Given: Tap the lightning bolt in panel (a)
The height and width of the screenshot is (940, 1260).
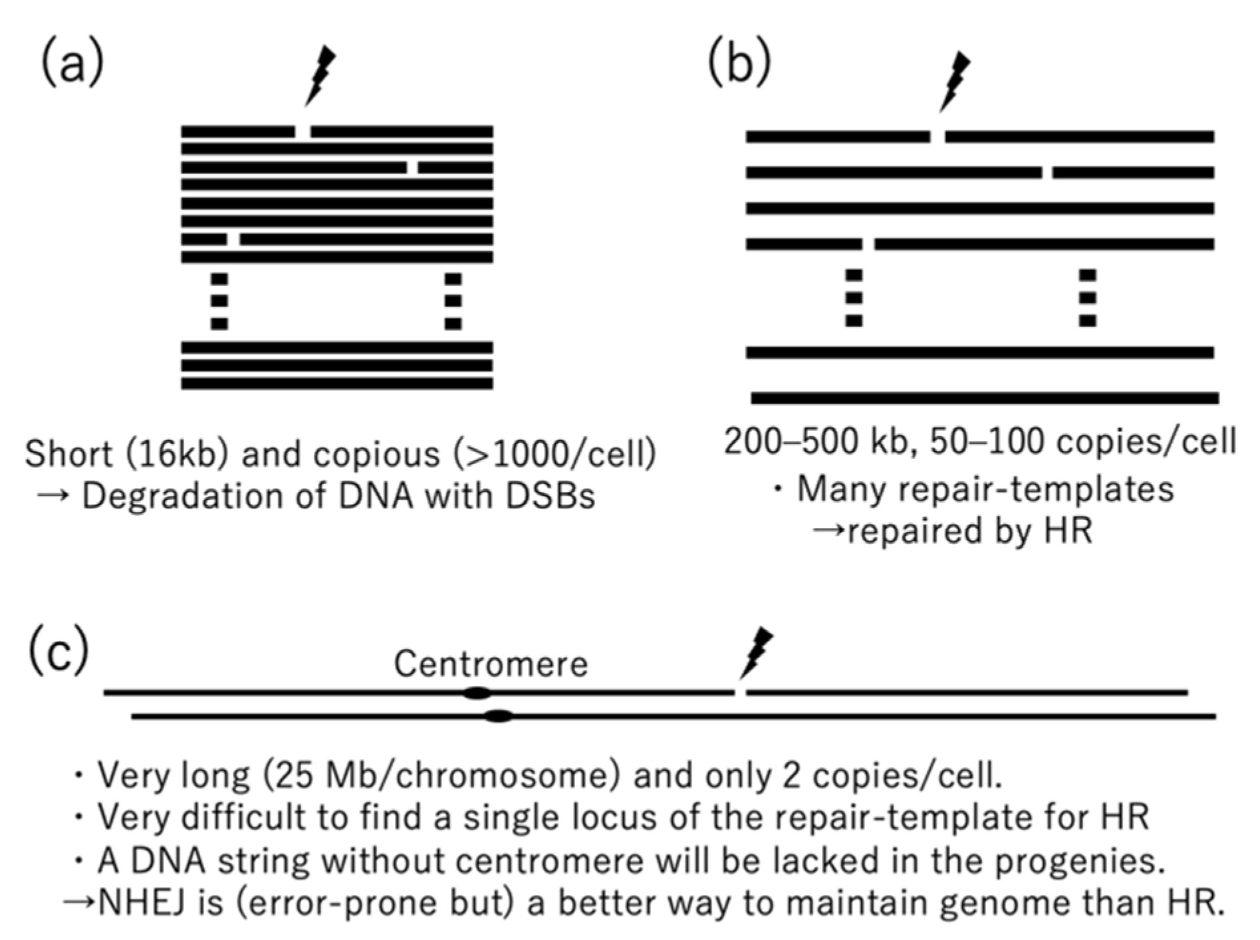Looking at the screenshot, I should point(320,76).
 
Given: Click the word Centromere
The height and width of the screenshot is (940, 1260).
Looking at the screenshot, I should point(491,663).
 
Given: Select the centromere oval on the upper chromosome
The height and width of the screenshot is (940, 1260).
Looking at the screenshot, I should point(477,694).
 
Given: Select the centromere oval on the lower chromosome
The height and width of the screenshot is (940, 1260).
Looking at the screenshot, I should point(499,717).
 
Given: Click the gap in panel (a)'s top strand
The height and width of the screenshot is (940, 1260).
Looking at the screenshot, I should point(303,132).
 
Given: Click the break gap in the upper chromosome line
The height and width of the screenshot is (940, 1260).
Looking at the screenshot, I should point(740,693).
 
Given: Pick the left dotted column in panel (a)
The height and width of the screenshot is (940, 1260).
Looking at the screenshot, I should point(219,301).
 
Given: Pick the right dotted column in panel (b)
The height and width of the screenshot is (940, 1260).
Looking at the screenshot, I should point(1088,298).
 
